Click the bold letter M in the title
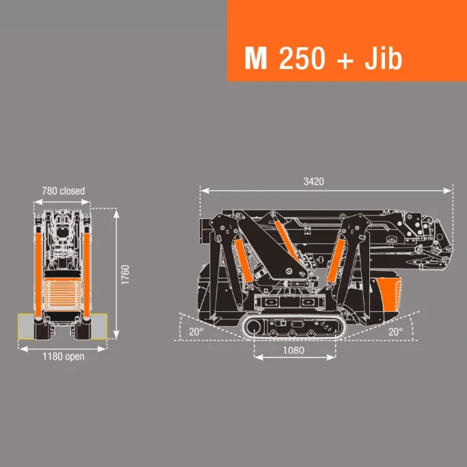click(x=255, y=59)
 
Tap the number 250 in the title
click(x=302, y=59)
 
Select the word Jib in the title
click(x=384, y=59)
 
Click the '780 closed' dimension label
click(x=63, y=191)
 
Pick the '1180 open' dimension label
click(x=63, y=357)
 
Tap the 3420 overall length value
click(x=314, y=182)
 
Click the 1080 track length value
click(x=294, y=350)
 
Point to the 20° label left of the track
click(x=196, y=332)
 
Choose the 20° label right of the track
click(x=395, y=332)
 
